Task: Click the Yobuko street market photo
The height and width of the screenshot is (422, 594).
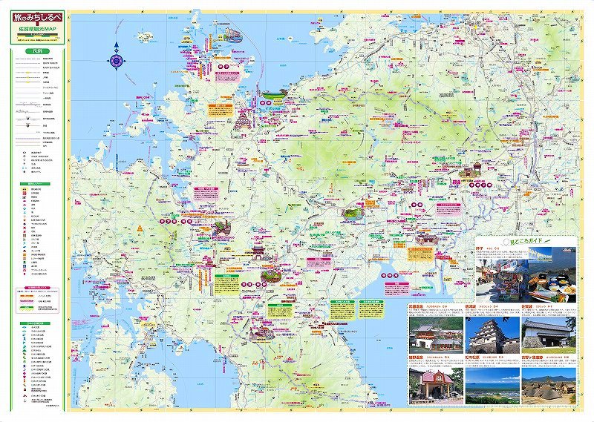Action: click(x=505, y=277)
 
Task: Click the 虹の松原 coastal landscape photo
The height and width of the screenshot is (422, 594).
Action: click(x=491, y=384)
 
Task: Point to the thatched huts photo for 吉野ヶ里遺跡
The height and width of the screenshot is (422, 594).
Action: click(x=548, y=384)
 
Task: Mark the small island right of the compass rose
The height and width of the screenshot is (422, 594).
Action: click(x=143, y=35)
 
